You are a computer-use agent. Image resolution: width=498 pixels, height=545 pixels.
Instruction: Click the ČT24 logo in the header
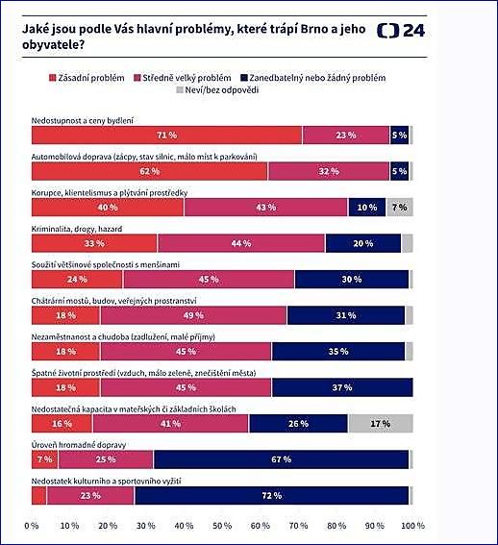click(401, 31)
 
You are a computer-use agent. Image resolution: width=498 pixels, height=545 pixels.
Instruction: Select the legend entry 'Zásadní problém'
click(87, 78)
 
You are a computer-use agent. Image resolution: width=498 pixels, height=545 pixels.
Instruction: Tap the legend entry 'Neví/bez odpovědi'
click(217, 90)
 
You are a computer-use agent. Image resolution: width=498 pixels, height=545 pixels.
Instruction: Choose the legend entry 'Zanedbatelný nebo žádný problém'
click(313, 78)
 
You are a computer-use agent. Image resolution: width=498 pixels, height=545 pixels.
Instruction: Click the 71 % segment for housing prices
click(167, 136)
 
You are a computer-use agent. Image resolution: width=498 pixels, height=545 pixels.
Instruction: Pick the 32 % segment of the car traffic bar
click(329, 171)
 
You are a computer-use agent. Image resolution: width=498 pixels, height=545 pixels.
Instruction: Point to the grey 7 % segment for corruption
click(400, 208)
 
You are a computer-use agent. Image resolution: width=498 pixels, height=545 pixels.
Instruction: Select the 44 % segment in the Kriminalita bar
click(241, 243)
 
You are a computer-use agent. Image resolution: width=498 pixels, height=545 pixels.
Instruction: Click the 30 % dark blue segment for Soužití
click(352, 280)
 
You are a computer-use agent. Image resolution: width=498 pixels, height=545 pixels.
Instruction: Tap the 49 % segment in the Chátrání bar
click(193, 315)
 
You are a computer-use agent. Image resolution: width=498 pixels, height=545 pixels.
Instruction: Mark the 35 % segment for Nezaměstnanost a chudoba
click(338, 352)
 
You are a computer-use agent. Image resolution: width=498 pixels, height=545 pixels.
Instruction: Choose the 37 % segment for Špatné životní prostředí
click(342, 387)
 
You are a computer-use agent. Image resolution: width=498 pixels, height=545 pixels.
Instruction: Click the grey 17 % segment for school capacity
click(381, 424)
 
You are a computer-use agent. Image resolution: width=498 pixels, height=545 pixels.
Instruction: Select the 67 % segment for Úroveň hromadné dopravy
click(281, 459)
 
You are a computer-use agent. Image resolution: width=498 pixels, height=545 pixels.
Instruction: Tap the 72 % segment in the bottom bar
click(272, 496)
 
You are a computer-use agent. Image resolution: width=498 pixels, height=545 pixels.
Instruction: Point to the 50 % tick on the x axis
click(222, 526)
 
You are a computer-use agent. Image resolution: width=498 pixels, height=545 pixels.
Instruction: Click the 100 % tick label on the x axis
click(412, 526)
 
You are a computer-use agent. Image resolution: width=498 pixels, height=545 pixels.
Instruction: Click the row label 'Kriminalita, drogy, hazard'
click(77, 229)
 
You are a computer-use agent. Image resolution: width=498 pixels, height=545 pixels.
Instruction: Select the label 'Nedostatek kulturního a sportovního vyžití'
click(106, 482)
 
